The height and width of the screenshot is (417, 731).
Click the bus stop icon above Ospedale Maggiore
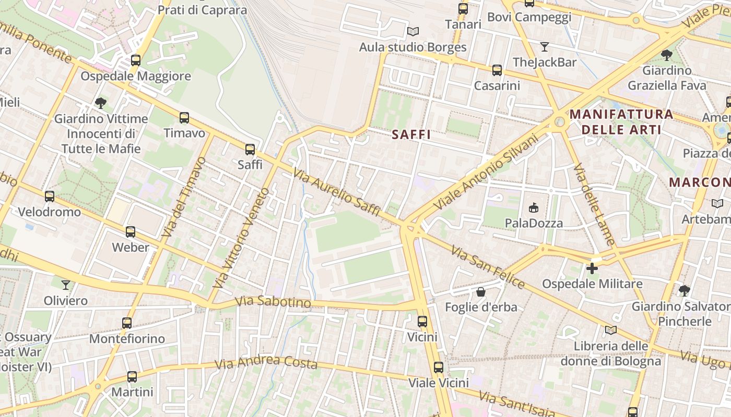point(136,60)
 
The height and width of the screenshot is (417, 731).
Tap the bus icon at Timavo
point(184,118)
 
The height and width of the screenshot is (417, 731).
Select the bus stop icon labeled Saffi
point(250,150)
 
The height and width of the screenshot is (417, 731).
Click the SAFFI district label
point(411,134)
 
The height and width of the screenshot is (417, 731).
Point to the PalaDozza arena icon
point(534,208)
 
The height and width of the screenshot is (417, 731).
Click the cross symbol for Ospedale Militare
point(592,268)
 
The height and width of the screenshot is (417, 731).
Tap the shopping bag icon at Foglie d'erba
point(481,292)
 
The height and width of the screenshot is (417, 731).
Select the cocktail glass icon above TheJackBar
point(545,47)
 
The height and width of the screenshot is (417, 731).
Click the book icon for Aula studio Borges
point(413,32)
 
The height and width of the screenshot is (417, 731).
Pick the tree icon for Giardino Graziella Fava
point(666,55)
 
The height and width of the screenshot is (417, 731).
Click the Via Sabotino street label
point(273,302)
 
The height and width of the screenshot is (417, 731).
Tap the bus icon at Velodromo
point(50,197)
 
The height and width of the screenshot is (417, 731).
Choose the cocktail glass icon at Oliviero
point(66,285)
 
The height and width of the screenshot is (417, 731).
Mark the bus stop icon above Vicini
point(422,322)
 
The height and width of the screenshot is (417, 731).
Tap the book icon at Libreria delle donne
point(610,330)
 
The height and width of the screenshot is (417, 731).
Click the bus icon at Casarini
point(497,70)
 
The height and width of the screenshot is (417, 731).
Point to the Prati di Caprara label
point(202,9)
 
